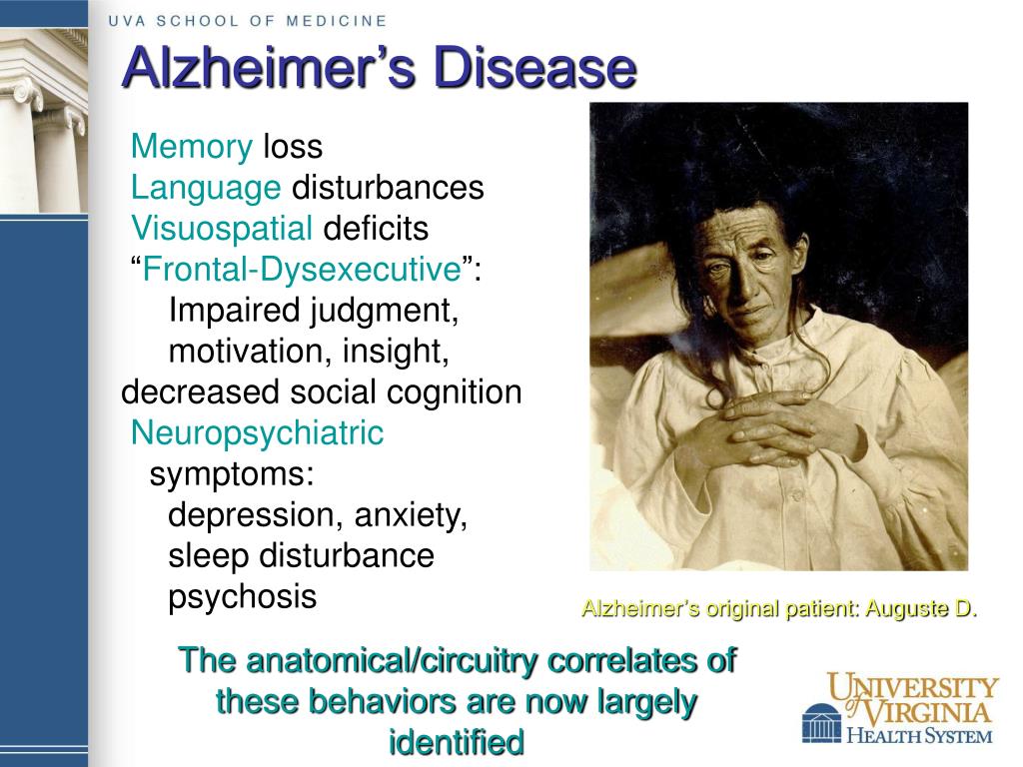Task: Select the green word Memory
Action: [x=192, y=148]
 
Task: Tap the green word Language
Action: [x=206, y=188]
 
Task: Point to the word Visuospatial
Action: [x=222, y=229]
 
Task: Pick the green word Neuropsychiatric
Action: [x=257, y=433]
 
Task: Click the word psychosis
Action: [x=242, y=597]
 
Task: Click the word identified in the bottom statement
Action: [x=456, y=742]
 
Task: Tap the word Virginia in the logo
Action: [x=929, y=712]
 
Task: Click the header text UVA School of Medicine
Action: [x=247, y=20]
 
